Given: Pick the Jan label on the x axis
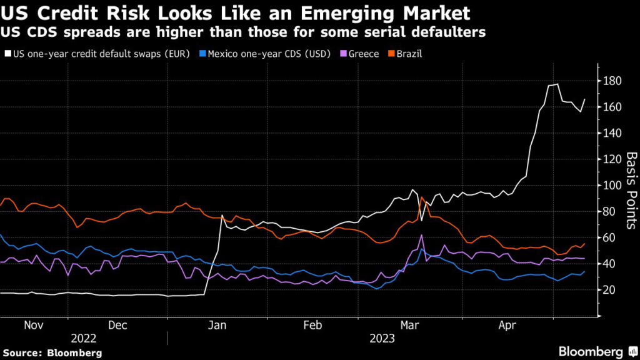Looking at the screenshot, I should tap(217, 326).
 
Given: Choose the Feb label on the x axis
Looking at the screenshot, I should tap(312, 326).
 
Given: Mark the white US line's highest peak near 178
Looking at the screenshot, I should tap(557, 84).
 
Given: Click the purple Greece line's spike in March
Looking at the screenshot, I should tap(422, 235).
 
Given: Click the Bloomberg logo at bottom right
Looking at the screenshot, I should tap(592, 352).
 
